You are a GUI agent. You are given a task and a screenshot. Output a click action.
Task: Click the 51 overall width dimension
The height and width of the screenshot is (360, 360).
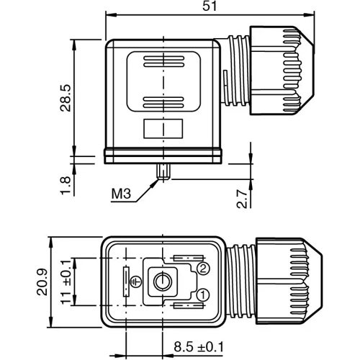210,6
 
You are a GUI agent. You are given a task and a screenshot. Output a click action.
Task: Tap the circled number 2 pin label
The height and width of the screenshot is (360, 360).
203,269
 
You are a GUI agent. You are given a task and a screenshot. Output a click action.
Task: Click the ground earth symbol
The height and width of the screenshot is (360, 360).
140,285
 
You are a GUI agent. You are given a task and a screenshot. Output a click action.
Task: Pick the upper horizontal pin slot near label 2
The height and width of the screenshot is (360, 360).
184,258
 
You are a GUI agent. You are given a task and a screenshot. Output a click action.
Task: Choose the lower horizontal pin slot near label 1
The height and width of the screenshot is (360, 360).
184,307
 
